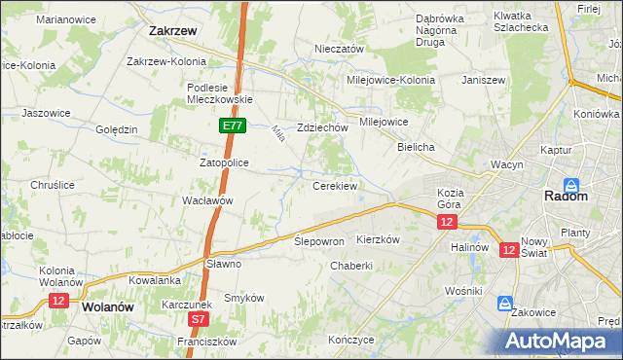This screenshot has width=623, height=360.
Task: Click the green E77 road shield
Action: pyautogui.click(x=231, y=126)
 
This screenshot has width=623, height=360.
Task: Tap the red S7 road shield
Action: pyautogui.click(x=198, y=318)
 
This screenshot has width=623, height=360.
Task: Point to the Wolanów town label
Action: pyautogui.click(x=108, y=306)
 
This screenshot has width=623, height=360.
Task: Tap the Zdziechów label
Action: pyautogui.click(x=322, y=127)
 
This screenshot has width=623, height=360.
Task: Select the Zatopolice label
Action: pyautogui.click(x=225, y=162)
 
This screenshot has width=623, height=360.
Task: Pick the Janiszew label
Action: pyautogui.click(x=484, y=80)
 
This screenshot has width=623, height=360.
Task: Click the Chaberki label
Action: pyautogui.click(x=351, y=266)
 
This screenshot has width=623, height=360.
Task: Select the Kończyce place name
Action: pyautogui.click(x=351, y=340)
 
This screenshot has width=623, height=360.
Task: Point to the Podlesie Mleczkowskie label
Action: pyautogui.click(x=220, y=92)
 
